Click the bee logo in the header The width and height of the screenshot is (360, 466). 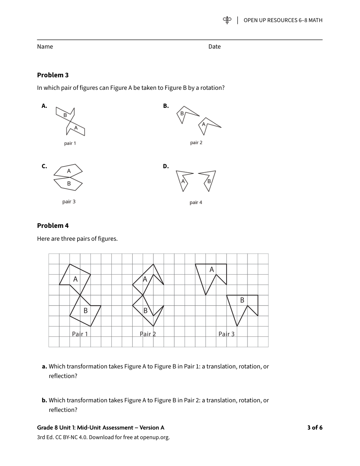point(227,20)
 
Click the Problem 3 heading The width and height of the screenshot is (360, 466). point(53,75)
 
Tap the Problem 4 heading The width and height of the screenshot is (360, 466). point(53,226)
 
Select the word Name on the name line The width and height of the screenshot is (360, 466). point(45,47)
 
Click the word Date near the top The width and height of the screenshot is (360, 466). point(214,47)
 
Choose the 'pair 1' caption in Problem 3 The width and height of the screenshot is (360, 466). point(70,143)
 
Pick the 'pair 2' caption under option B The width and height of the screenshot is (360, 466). point(196,142)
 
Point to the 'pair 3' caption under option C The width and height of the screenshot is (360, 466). point(69,202)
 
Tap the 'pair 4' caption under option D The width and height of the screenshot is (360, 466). point(196,202)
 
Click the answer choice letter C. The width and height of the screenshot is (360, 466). point(44,166)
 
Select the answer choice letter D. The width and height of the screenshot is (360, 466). point(166,166)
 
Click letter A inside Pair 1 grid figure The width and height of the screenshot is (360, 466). point(75,279)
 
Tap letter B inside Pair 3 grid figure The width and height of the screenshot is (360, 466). point(242,300)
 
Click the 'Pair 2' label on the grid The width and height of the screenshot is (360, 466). point(148,334)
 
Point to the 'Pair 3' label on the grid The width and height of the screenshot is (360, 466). point(226,334)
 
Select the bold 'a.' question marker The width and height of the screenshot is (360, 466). point(44,367)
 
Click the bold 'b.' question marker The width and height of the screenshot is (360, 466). point(44,400)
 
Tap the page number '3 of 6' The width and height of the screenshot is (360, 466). point(315,428)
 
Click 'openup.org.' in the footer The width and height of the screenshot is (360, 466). point(154,437)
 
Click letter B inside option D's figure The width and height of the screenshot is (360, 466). point(209,181)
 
